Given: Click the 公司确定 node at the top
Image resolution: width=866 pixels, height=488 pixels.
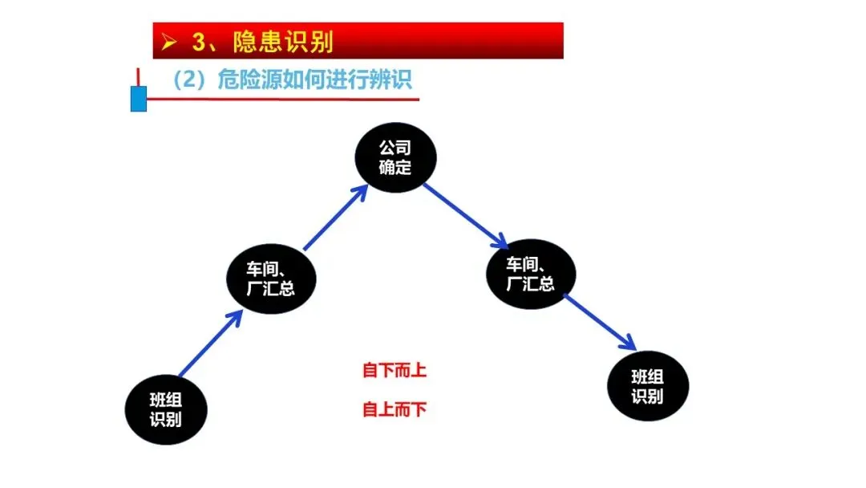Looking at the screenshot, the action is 395,157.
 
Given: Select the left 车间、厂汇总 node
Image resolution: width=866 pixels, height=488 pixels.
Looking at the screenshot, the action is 270,278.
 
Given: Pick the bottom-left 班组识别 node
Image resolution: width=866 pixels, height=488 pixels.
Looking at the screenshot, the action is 166,409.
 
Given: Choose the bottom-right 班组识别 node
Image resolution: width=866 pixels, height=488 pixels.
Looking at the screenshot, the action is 648,386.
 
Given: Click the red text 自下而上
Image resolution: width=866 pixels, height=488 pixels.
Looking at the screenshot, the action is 395,371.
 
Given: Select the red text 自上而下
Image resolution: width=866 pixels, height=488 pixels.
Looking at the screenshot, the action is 395,410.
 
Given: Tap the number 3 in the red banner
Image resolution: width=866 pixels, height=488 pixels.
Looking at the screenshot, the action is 198,42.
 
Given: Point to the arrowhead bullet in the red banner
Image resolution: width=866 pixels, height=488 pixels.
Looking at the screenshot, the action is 168,42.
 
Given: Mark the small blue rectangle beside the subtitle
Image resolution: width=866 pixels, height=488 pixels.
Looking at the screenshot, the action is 139,99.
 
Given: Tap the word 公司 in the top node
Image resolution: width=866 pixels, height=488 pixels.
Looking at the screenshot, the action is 395,148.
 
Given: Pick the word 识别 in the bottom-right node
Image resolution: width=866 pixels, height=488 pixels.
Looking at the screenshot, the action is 648,396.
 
